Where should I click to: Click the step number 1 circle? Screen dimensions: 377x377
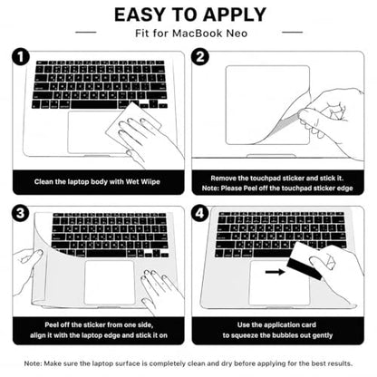(x=21, y=57)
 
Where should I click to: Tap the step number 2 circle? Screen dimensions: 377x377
(x=200, y=57)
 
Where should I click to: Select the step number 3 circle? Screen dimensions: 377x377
(x=21, y=213)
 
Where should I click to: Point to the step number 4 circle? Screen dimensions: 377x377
(x=200, y=213)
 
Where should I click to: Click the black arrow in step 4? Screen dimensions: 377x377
(x=275, y=272)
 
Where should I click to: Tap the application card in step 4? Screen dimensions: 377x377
(x=304, y=259)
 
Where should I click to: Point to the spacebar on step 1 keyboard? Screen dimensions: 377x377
(x=93, y=105)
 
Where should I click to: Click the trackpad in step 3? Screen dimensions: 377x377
(x=110, y=283)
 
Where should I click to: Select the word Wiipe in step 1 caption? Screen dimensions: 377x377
(x=150, y=182)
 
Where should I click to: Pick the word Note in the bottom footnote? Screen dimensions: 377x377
(x=32, y=363)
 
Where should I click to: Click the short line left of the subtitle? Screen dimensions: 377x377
(x=85, y=32)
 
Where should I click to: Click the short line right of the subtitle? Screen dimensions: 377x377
(x=292, y=32)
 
